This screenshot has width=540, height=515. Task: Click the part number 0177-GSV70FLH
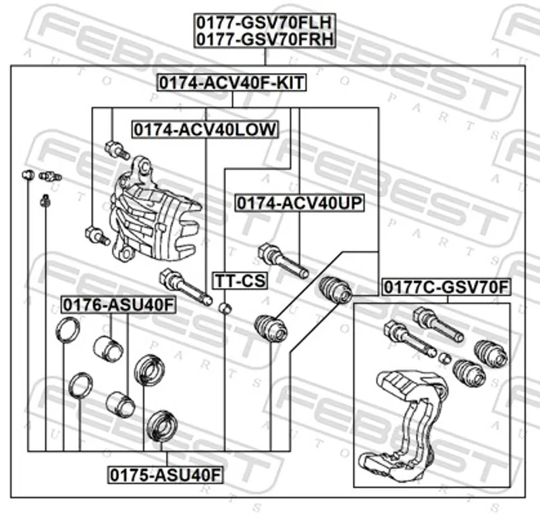coord(265,23)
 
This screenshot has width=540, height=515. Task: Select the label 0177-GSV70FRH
coord(265,40)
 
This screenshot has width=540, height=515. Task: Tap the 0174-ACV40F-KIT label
coord(232,83)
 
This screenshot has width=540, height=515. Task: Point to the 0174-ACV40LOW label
coord(205,128)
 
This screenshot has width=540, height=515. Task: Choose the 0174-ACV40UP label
coord(299,202)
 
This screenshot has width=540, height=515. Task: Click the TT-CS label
coord(240,279)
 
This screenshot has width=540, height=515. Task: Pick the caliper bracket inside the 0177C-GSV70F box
coord(405,425)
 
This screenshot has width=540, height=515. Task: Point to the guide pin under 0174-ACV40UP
coord(282,261)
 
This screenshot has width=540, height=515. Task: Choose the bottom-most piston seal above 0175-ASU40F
coord(162,424)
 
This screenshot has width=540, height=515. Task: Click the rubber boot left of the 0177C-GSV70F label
coord(335,290)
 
